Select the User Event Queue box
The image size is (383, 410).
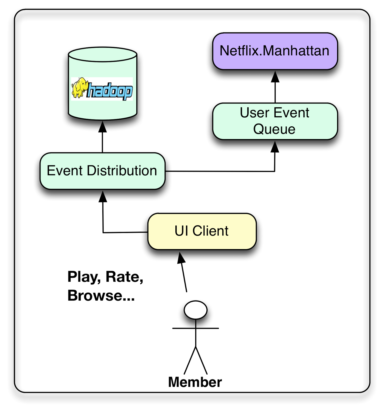[275, 121]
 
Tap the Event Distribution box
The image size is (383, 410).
[102, 171]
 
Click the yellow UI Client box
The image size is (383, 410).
[202, 231]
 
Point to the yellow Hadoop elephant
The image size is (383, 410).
[79, 87]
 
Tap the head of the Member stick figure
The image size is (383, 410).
[196, 310]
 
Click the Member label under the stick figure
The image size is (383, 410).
[195, 382]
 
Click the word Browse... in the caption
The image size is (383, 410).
[101, 296]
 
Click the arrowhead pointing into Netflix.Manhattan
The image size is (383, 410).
[275, 77]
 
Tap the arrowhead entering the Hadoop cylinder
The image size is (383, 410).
[103, 127]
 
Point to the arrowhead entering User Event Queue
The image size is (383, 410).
[275, 147]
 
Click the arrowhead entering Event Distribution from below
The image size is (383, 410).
[103, 197]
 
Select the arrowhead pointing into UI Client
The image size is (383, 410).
[181, 258]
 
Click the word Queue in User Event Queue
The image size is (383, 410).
[274, 129]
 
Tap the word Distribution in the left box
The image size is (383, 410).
[122, 171]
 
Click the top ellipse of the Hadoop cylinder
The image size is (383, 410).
[103, 54]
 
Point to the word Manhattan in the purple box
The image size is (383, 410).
[296, 51]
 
